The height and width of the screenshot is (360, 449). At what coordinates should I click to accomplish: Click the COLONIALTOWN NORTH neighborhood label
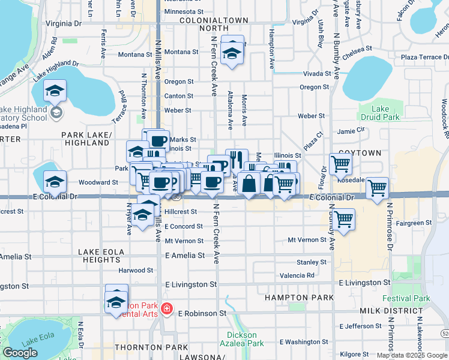coord(197,23)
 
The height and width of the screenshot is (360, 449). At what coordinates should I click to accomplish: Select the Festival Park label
coord(414,298)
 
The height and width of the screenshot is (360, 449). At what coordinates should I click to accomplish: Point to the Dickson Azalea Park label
coord(246,340)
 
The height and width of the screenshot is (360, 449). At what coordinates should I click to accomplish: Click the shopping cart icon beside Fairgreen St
coord(345,220)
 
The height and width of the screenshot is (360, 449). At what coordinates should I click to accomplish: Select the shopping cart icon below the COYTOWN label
coord(340,164)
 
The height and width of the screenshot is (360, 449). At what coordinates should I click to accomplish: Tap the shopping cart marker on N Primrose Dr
coord(377,188)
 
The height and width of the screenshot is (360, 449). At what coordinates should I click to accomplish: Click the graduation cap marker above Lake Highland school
coord(55,91)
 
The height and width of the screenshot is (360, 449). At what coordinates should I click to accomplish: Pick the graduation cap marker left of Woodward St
coord(55,181)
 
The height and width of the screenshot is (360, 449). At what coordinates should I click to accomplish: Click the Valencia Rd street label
coord(297,275)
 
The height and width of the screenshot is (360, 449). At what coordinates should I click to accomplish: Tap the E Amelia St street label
coord(181,255)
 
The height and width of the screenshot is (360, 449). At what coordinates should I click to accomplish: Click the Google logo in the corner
coord(20,353)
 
